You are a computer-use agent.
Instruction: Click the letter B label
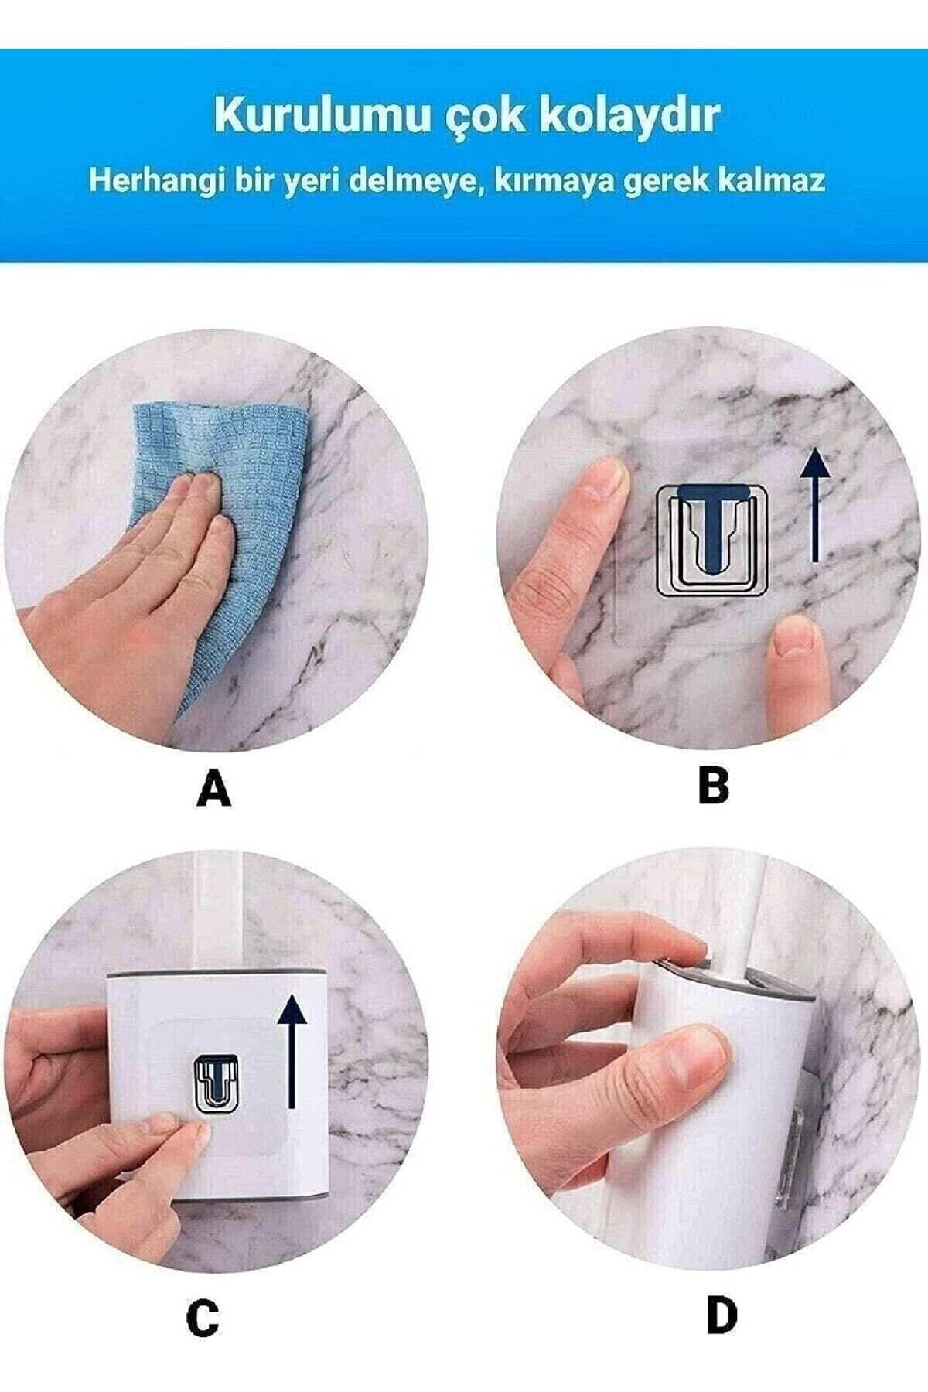click(713, 786)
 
